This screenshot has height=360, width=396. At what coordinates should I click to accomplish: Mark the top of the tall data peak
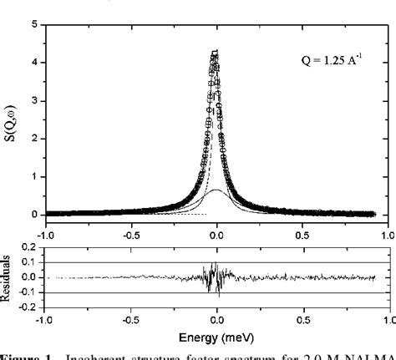tap(216, 52)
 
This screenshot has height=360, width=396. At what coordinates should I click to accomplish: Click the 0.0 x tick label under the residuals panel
tap(216, 318)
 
